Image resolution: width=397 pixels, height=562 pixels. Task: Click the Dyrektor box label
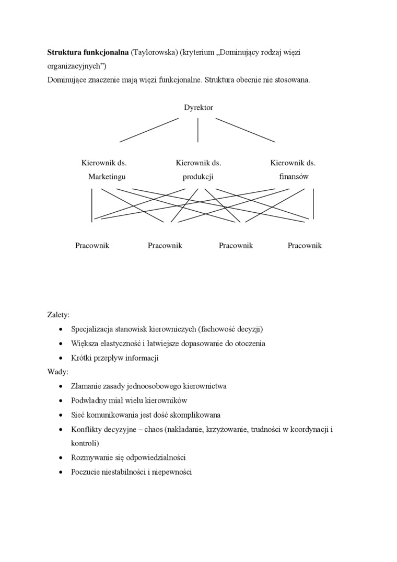pyautogui.click(x=198, y=108)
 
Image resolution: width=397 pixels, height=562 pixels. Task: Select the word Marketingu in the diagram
pyautogui.click(x=107, y=177)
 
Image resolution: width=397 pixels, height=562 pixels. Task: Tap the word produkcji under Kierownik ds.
pyautogui.click(x=198, y=177)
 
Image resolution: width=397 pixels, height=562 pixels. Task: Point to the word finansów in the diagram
pyautogui.click(x=294, y=177)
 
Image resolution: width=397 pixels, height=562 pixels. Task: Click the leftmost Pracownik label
pyautogui.click(x=92, y=245)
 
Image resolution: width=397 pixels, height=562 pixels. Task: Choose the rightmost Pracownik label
pyautogui.click(x=305, y=245)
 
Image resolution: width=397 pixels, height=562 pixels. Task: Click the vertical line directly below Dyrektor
pyautogui.click(x=198, y=130)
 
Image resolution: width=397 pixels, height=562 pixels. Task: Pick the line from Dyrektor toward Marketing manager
pyautogui.click(x=149, y=130)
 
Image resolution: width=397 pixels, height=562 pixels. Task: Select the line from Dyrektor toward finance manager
pyautogui.click(x=246, y=130)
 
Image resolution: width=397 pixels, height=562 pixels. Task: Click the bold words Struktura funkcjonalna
pyautogui.click(x=88, y=52)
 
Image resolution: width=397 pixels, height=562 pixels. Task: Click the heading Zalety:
pyautogui.click(x=58, y=315)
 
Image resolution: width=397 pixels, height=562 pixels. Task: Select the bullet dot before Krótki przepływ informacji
pyautogui.click(x=62, y=358)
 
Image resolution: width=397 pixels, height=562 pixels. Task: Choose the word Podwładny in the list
pyautogui.click(x=88, y=400)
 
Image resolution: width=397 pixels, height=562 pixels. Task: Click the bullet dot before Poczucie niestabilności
pyautogui.click(x=62, y=472)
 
